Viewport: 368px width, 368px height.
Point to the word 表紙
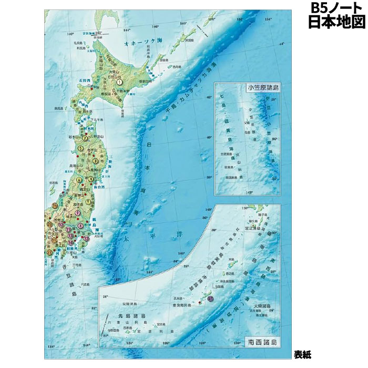[303, 354]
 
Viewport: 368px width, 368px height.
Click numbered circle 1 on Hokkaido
[120, 81]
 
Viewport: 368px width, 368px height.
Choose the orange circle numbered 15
[55, 205]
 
